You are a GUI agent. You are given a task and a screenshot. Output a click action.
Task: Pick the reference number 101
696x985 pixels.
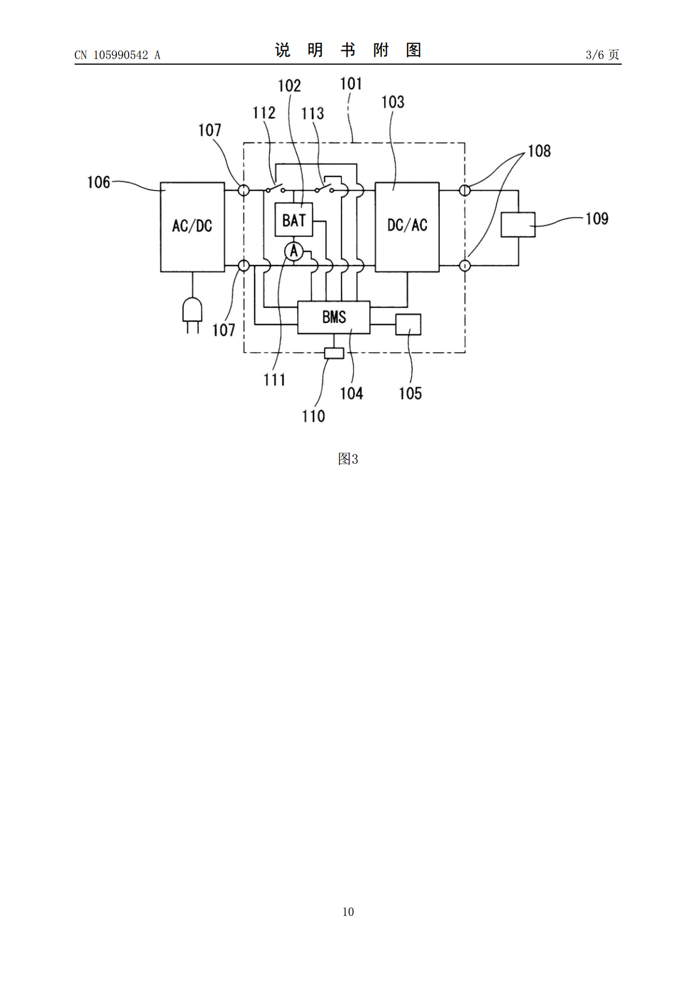point(351,84)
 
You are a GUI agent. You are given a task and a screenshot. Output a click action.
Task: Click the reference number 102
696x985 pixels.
point(290,85)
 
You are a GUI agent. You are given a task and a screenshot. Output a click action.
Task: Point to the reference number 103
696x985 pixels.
point(392,102)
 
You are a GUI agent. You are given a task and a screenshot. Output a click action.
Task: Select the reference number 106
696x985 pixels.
point(98,182)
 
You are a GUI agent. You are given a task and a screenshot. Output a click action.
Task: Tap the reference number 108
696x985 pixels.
point(539,151)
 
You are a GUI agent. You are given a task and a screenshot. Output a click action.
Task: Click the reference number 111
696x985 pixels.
point(274,380)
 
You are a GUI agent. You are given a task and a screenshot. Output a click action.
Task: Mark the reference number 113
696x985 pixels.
point(312,113)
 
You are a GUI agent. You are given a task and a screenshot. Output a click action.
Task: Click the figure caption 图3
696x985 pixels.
point(348,459)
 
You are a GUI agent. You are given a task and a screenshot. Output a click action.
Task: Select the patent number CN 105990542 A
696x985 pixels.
point(118,55)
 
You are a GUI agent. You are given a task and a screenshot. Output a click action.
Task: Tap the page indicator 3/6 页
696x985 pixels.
point(602,54)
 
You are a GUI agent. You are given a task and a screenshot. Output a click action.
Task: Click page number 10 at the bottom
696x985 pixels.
point(348,911)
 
